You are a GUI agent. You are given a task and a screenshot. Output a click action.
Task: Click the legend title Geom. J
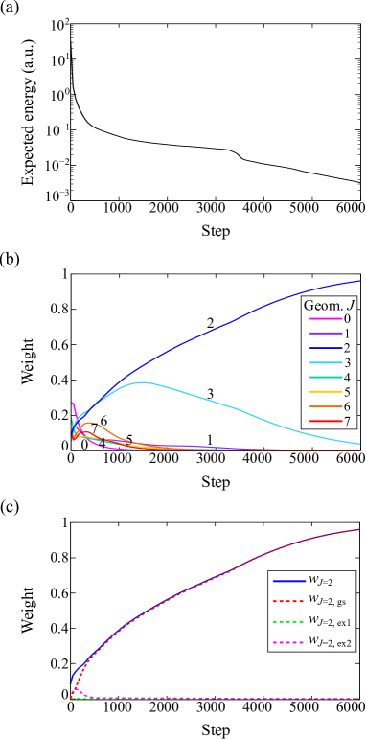(x=331, y=305)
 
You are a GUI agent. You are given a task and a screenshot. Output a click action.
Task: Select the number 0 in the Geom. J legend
(x=347, y=318)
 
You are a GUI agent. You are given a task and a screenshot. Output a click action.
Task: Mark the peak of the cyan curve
(x=143, y=382)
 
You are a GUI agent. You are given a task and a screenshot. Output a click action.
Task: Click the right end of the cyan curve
(x=359, y=444)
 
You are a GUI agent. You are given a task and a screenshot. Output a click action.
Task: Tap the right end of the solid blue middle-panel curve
(x=359, y=281)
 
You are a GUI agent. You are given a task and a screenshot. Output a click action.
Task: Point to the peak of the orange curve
(x=88, y=422)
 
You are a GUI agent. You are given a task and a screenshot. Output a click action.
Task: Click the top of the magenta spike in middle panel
(x=73, y=403)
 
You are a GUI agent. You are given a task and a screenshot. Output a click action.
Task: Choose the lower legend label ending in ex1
(x=330, y=624)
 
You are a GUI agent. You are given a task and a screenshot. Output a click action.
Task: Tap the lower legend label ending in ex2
(x=330, y=645)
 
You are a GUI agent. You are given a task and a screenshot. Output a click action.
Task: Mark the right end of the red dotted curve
(x=358, y=529)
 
